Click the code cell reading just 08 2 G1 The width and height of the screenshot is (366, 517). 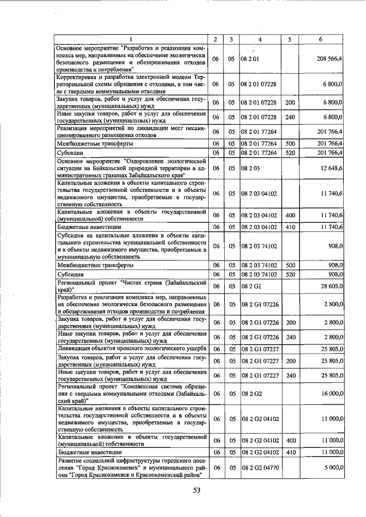[x=250, y=286]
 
